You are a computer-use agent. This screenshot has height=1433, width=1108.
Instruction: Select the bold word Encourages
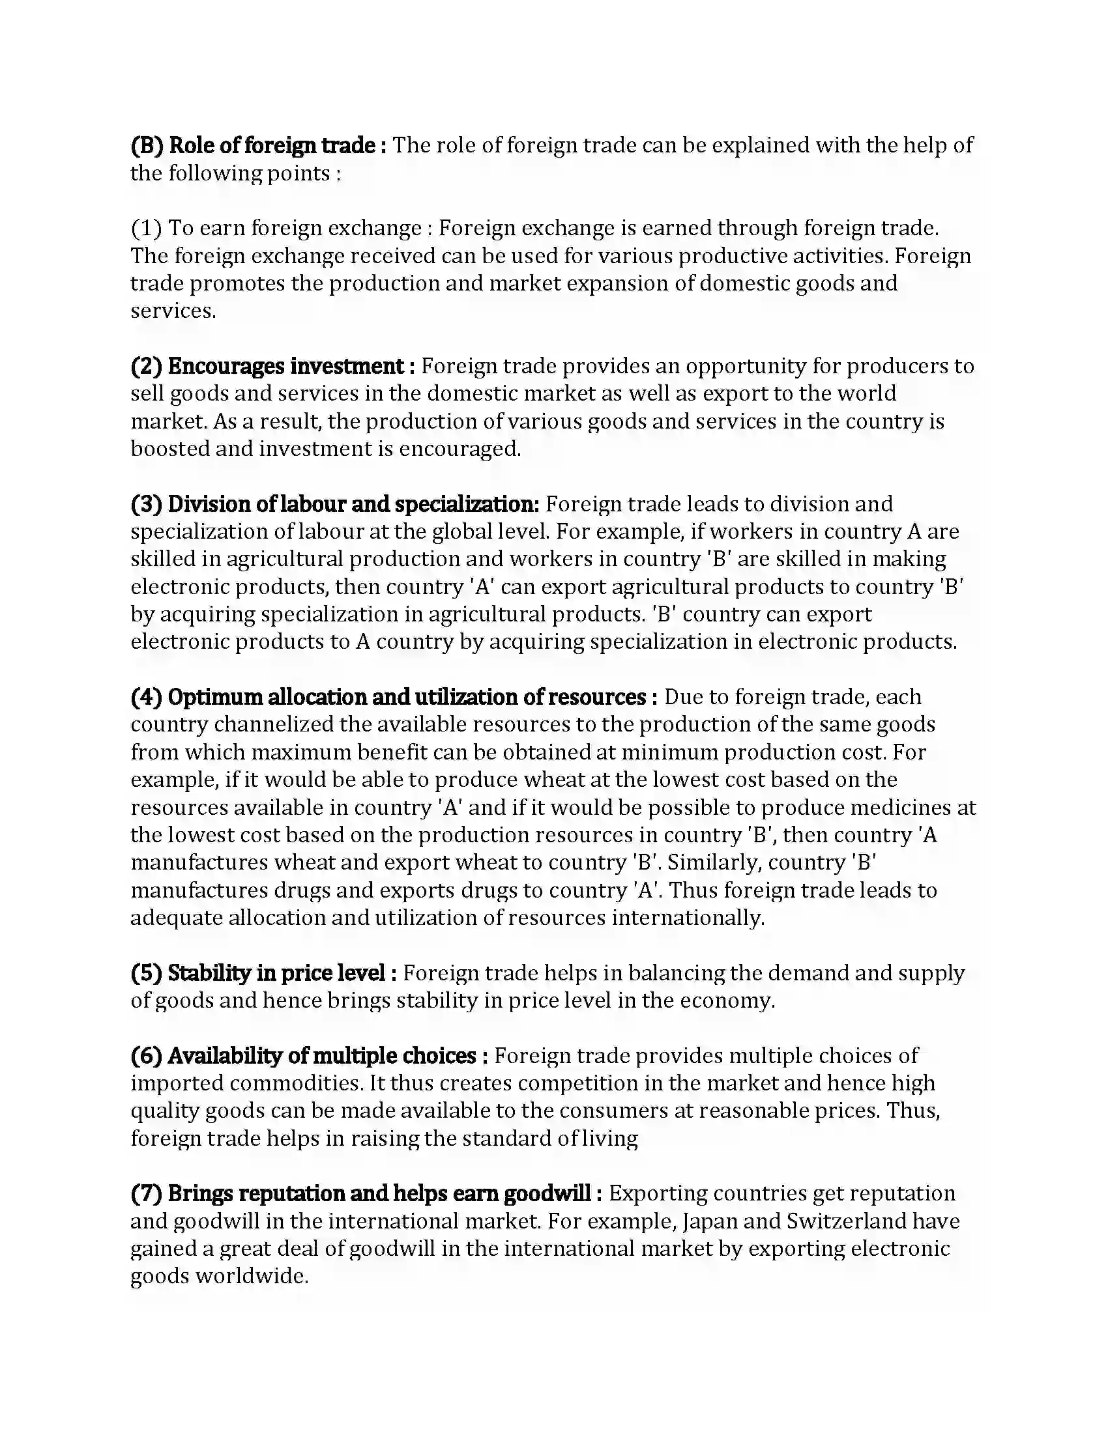(x=226, y=366)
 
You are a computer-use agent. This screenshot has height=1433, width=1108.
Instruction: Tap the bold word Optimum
(x=215, y=697)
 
